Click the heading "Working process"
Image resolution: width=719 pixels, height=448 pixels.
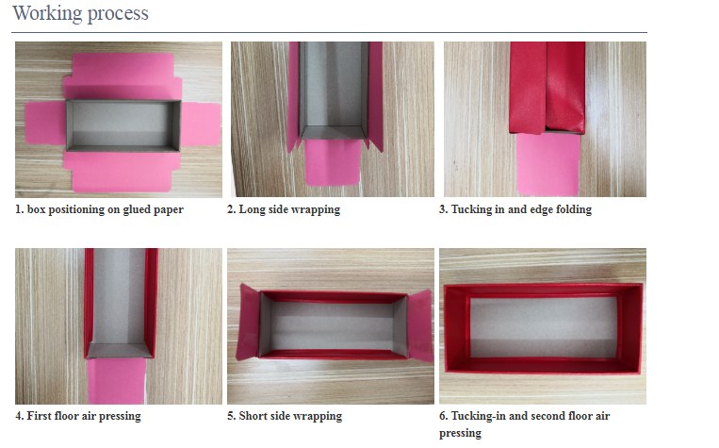[x=81, y=13]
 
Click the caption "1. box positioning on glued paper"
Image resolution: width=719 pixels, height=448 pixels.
[x=99, y=209]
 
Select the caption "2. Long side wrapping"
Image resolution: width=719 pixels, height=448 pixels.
[x=284, y=209]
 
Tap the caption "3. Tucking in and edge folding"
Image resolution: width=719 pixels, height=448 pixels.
[x=515, y=209]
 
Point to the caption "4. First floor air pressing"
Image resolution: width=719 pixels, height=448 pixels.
[x=78, y=416]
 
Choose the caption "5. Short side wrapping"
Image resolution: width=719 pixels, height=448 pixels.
[x=285, y=416]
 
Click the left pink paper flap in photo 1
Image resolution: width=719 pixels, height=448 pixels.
[x=45, y=123]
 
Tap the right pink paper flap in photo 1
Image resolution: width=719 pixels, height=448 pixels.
[x=201, y=124]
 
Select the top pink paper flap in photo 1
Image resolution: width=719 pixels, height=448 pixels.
[x=123, y=76]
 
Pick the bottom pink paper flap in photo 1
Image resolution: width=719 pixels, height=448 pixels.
[x=122, y=172]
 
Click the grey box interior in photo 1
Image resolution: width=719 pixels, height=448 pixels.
[x=123, y=124]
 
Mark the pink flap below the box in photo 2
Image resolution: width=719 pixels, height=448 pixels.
[x=333, y=161]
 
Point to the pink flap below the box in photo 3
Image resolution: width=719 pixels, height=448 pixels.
[x=547, y=164]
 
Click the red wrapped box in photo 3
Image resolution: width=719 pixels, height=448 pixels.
[x=547, y=87]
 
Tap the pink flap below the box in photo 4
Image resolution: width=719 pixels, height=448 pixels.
[x=117, y=381]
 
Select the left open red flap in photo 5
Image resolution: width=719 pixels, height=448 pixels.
[x=248, y=322]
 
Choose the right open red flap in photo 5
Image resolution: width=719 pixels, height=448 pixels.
[x=420, y=325]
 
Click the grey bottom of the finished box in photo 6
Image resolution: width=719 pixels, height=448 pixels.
[x=544, y=327]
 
